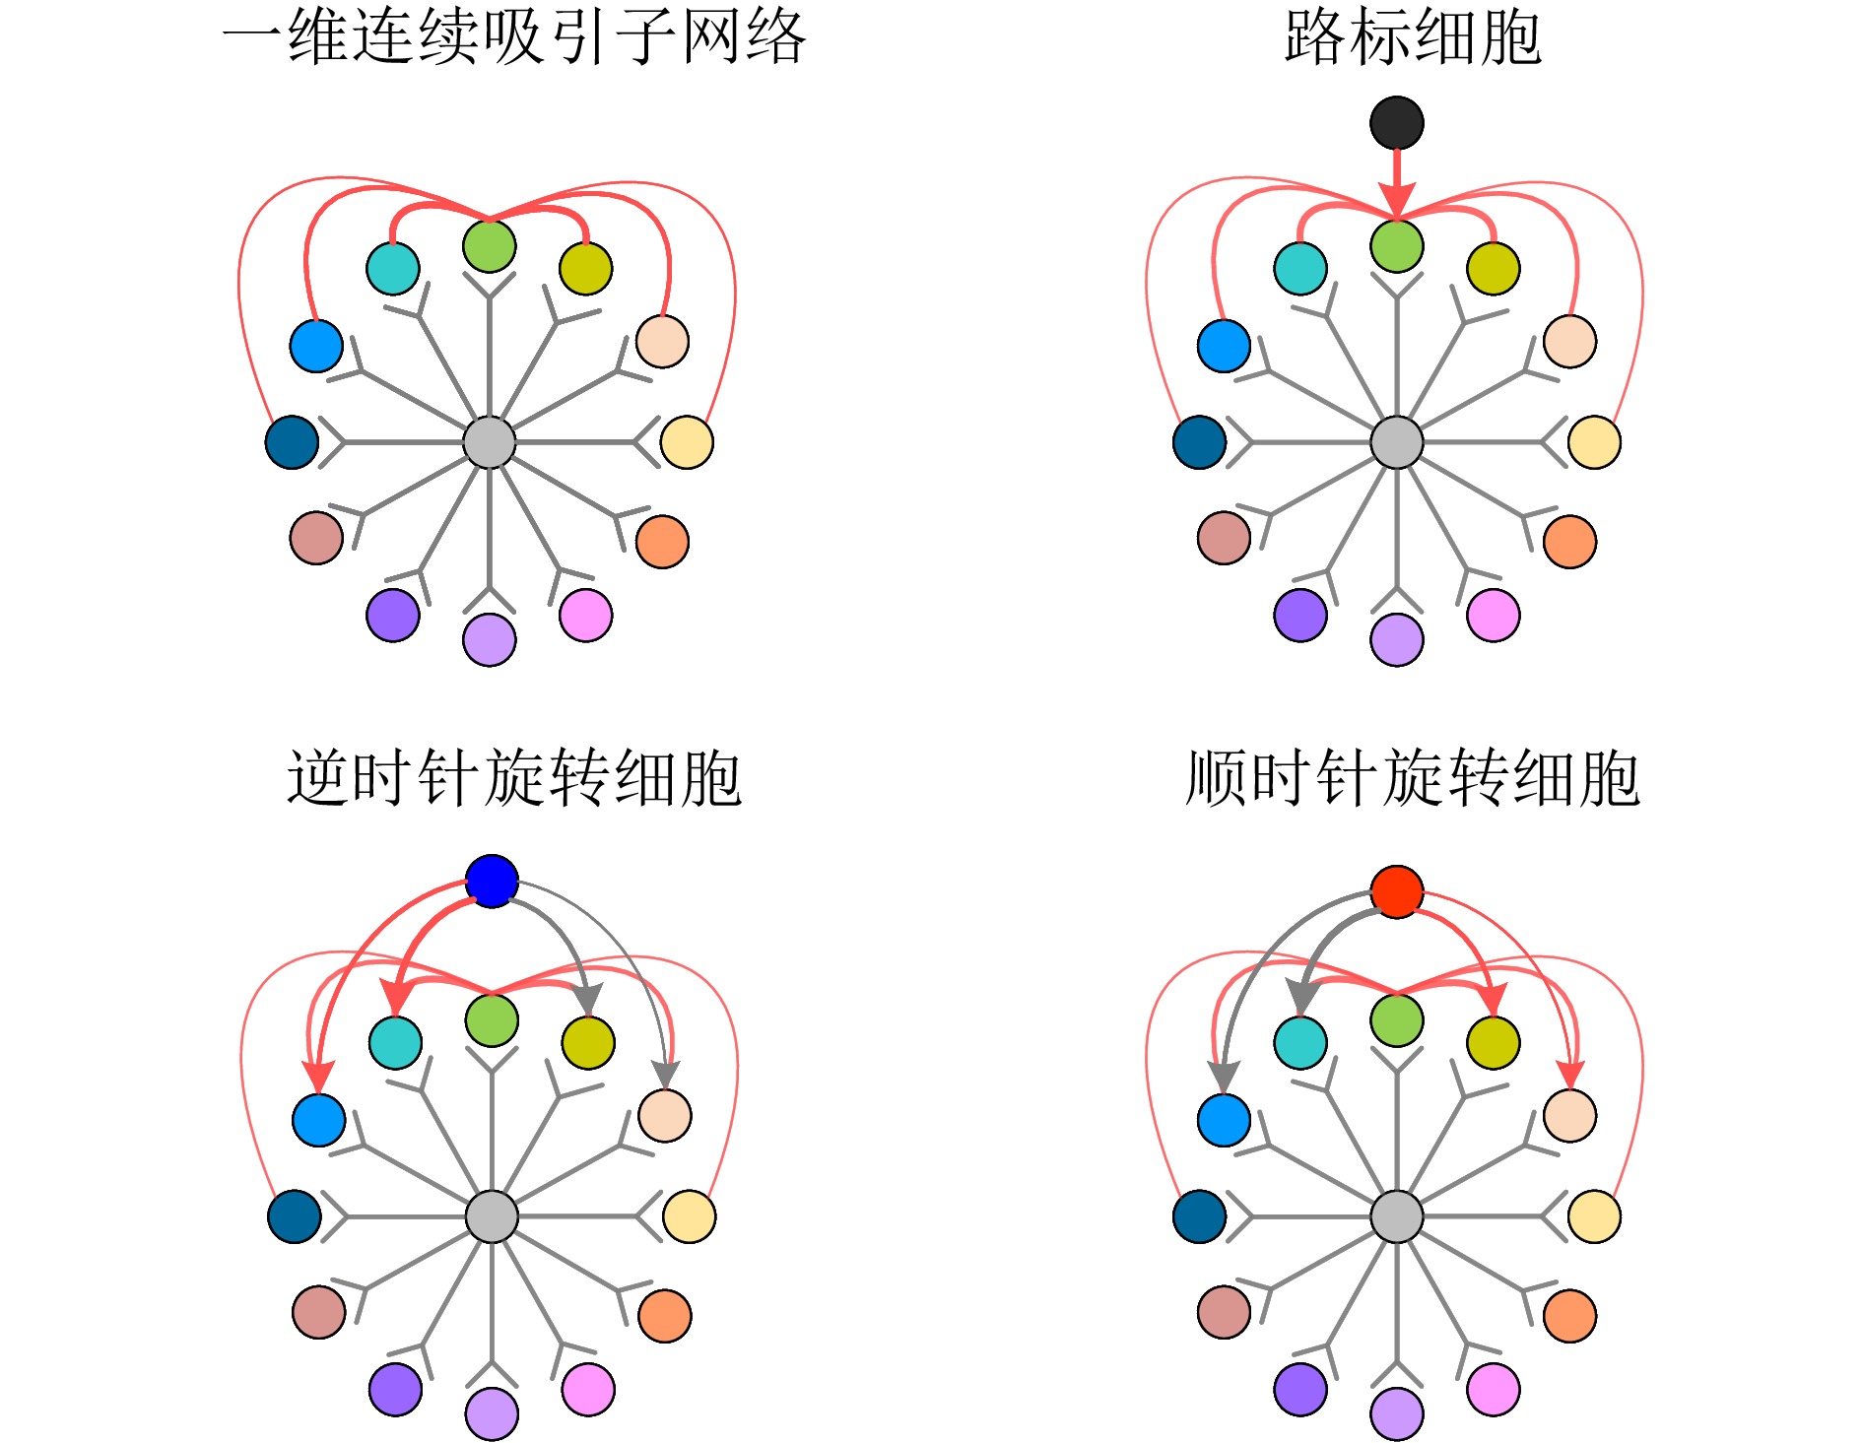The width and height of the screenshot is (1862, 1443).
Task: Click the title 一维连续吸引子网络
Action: point(514,37)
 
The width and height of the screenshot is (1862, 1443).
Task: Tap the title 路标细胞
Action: point(1413,37)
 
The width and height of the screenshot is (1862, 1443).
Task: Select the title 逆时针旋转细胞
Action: point(514,778)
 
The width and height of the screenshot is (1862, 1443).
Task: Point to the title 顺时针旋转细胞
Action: point(1413,778)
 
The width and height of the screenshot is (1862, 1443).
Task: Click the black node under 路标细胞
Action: point(1396,123)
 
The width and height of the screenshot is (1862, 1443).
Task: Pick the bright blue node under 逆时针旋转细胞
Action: point(492,881)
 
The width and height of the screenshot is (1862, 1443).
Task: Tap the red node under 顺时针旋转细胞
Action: point(1396,891)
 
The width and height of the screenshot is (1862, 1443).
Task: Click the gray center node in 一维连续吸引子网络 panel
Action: point(489,442)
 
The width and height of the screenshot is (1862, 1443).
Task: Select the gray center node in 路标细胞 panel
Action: point(1396,442)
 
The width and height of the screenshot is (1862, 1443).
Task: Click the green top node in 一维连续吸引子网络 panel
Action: point(489,245)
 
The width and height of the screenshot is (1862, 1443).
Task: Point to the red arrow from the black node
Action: point(1396,182)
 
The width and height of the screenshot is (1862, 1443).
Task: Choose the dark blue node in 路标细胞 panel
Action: point(1199,442)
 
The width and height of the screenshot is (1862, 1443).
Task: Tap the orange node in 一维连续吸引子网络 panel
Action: point(662,542)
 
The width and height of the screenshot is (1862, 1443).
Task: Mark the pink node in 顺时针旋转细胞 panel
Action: point(1493,1390)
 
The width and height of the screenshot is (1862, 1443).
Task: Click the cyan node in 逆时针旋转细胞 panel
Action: point(395,1042)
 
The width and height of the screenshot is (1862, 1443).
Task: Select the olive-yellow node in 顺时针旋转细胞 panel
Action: point(1493,1042)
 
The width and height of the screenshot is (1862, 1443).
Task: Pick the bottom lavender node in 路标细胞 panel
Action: point(1396,640)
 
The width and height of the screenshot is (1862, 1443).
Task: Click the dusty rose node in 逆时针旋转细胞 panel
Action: point(318,1312)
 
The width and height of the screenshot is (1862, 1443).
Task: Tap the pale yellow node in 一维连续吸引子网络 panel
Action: point(687,442)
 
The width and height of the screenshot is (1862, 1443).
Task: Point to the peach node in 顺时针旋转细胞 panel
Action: point(1569,1116)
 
